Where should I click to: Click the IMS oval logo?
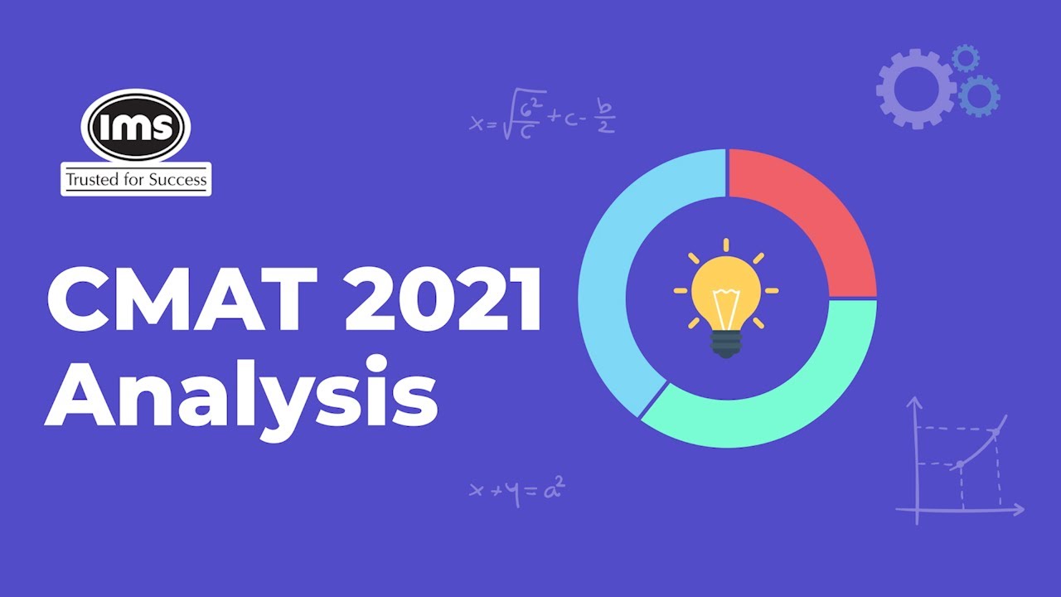[x=136, y=126]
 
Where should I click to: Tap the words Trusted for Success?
[x=136, y=179]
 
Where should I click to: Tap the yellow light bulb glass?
[x=726, y=291]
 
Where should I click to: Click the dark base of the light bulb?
[x=726, y=344]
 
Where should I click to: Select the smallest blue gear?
[x=966, y=58]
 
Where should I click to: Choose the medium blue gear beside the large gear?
[x=979, y=95]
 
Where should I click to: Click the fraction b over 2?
[x=607, y=119]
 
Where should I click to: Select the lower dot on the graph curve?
[x=960, y=464]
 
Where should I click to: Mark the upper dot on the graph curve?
[x=996, y=430]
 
